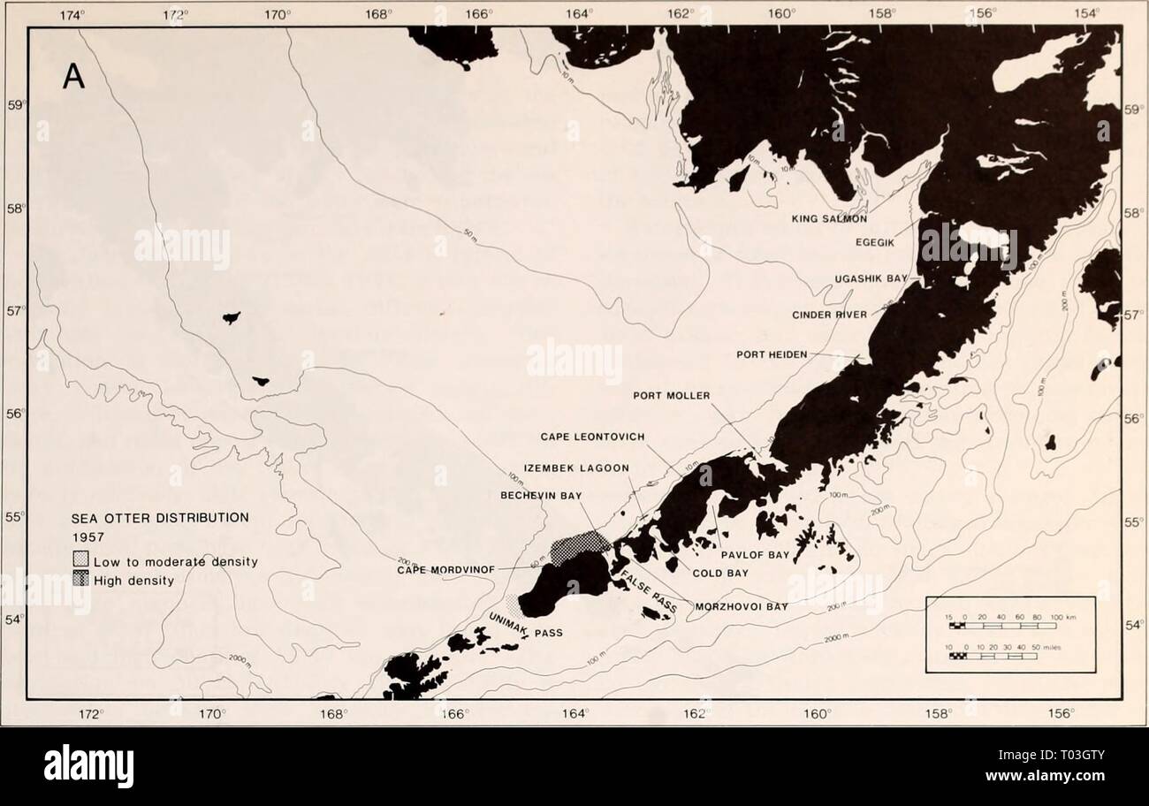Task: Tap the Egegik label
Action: point(878,240)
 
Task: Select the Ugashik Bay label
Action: point(871,278)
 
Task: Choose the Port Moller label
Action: point(671,395)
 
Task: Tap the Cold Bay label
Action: point(719,573)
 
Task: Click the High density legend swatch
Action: point(79,579)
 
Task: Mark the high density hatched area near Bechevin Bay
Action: point(579,546)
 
